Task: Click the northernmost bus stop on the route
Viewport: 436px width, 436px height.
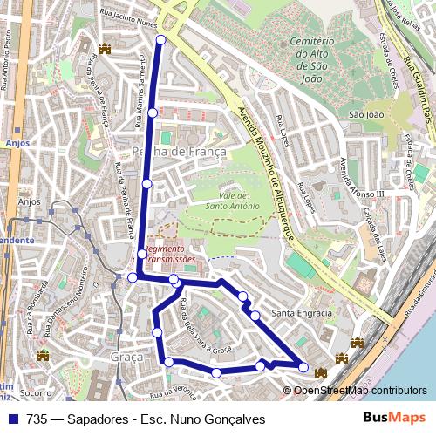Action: click(x=160, y=39)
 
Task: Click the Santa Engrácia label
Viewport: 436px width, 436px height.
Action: click(x=302, y=313)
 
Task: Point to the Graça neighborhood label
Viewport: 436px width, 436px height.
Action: click(x=126, y=358)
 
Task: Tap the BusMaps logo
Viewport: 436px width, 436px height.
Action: click(x=394, y=419)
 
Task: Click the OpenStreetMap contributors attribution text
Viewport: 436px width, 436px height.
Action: click(x=360, y=391)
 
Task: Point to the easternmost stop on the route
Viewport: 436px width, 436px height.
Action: click(x=303, y=367)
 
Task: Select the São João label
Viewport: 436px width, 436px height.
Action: click(x=366, y=114)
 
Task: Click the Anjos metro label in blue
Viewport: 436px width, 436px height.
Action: click(x=17, y=142)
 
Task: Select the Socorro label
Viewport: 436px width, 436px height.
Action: click(x=36, y=392)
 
